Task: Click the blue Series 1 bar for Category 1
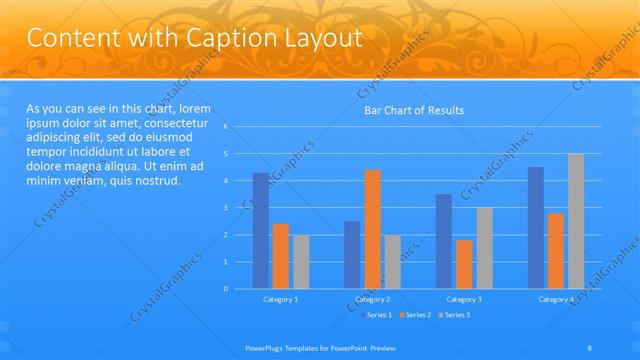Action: (x=261, y=231)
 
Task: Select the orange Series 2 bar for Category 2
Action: (x=372, y=229)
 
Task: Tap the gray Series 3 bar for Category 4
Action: (x=576, y=221)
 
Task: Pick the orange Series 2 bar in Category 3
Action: (x=464, y=264)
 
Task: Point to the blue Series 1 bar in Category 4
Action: (x=536, y=228)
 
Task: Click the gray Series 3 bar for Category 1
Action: (x=301, y=262)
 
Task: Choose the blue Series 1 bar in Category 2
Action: (x=352, y=255)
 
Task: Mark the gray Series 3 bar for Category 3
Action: (x=484, y=248)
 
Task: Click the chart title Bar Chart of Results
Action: (x=413, y=110)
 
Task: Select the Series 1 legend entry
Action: (x=376, y=315)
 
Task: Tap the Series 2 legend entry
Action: (x=414, y=315)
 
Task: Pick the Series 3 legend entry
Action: (x=453, y=315)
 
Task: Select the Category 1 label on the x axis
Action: (x=280, y=299)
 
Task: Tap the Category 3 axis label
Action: (x=464, y=299)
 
